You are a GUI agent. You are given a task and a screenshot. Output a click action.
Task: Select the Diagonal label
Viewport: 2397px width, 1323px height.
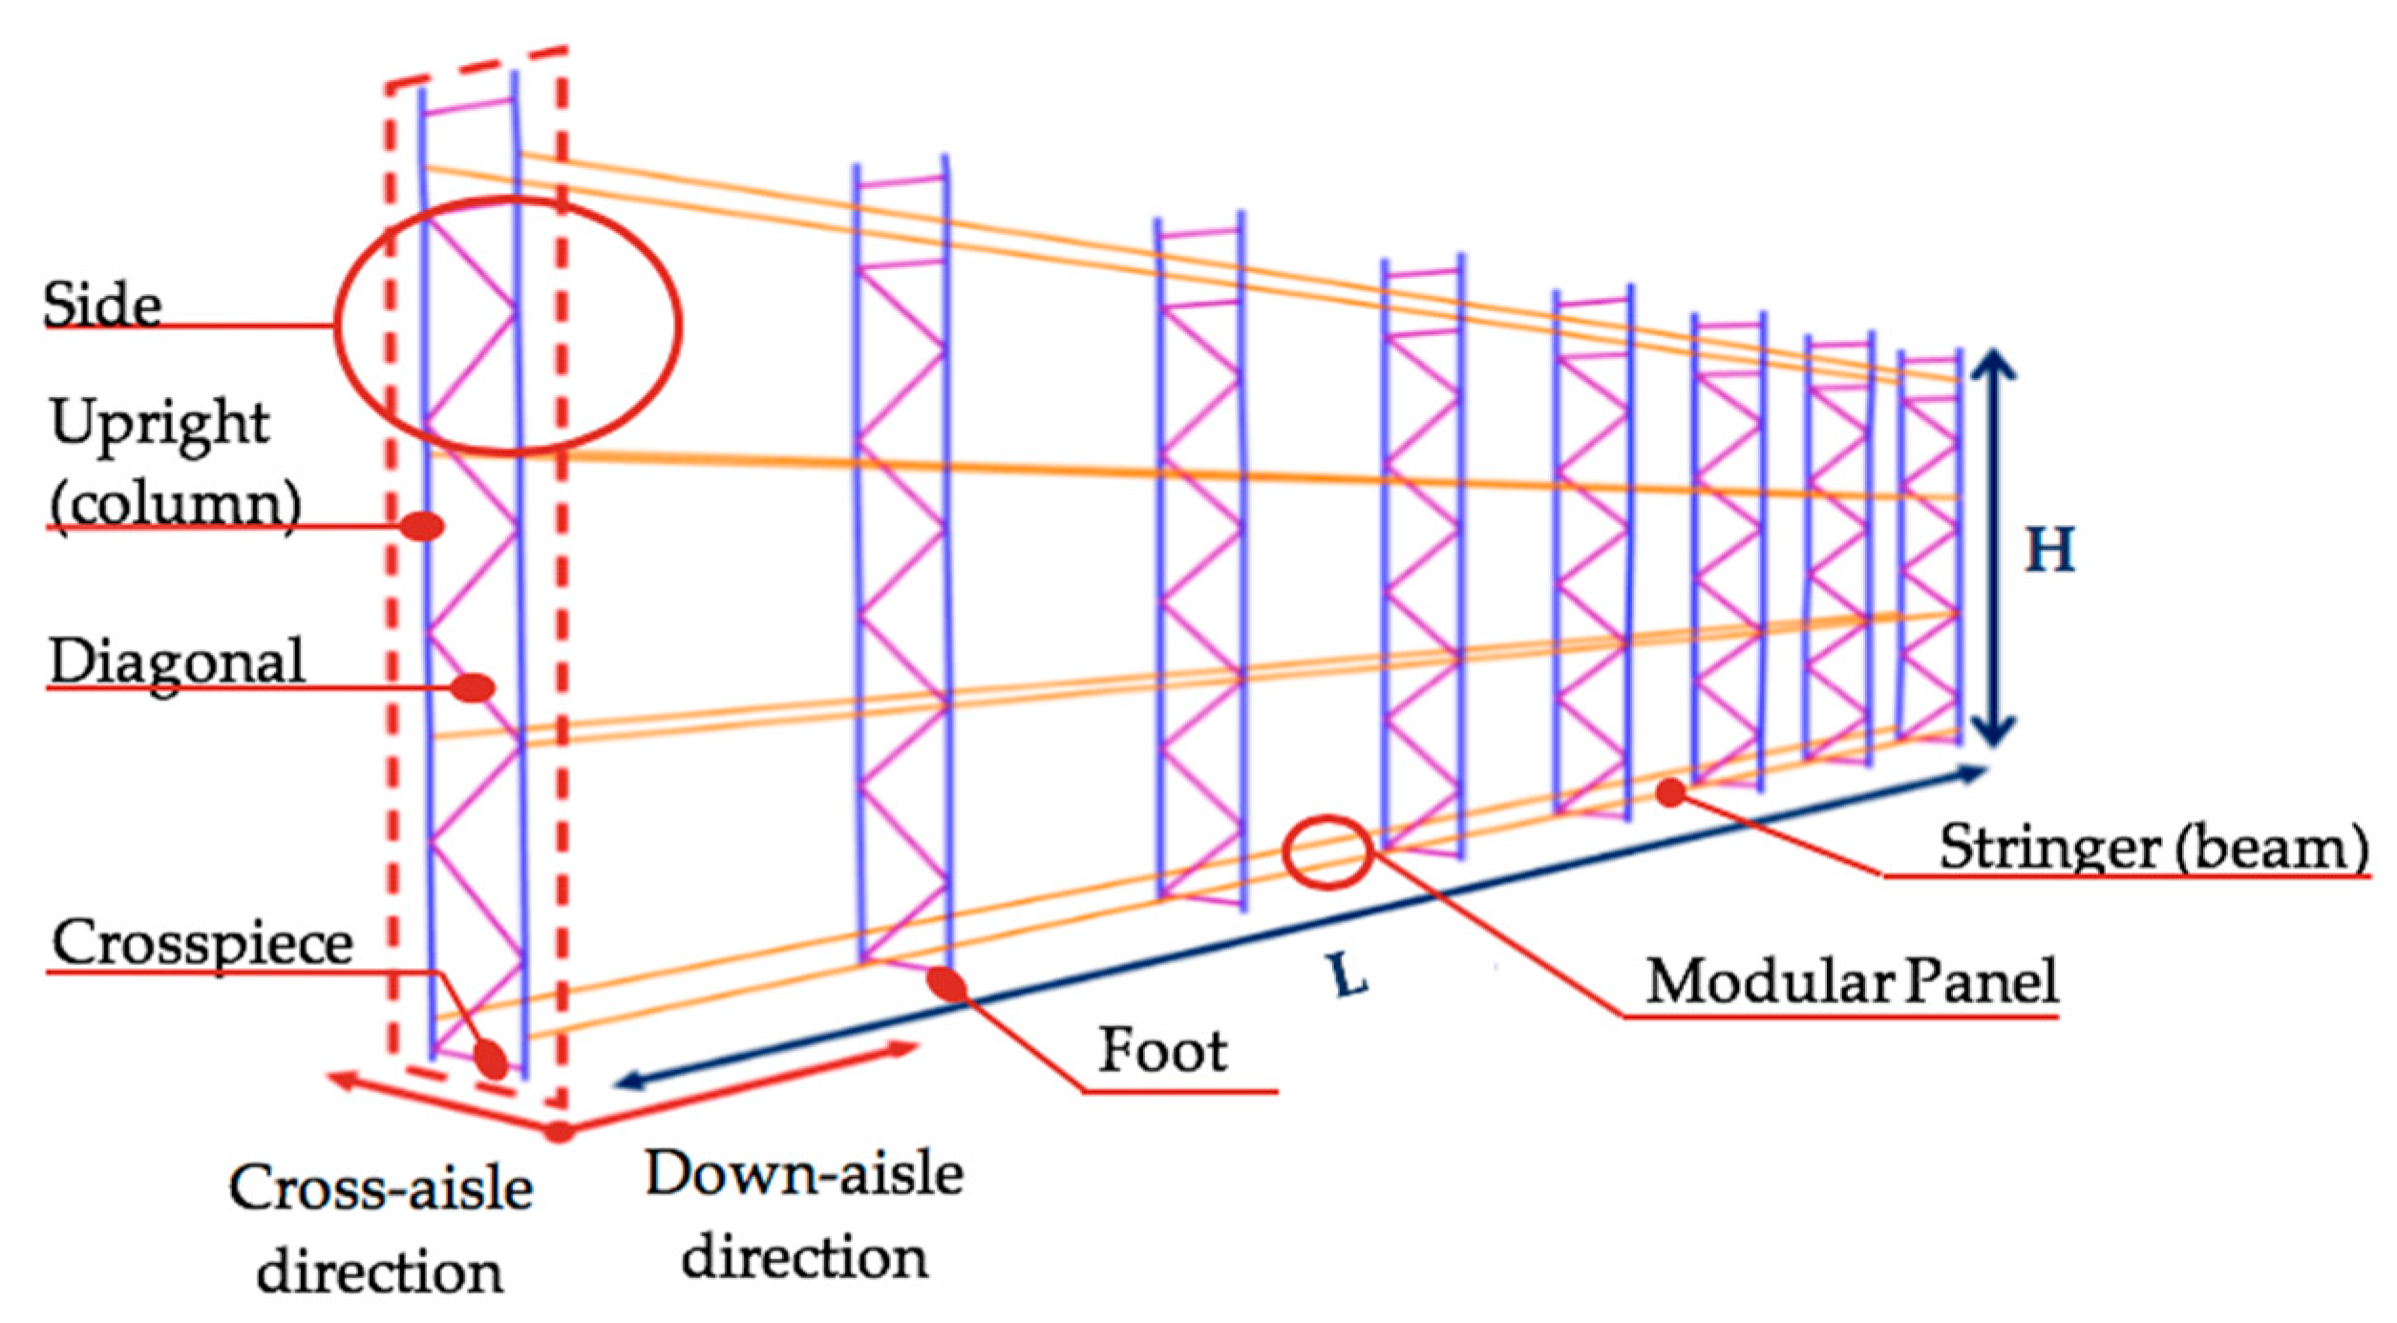pyautogui.click(x=177, y=661)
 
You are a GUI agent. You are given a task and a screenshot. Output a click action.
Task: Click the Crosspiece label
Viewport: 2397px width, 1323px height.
pyautogui.click(x=202, y=943)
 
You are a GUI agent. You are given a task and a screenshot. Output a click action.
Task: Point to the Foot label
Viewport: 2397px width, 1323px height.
pyautogui.click(x=1162, y=1051)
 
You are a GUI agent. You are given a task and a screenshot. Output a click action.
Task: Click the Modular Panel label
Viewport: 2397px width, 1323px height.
pyautogui.click(x=1851, y=980)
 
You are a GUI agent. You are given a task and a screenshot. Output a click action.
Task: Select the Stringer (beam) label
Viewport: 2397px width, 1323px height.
pyautogui.click(x=2153, y=847)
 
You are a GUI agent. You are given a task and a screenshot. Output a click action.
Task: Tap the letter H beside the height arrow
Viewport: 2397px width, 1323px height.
pyautogui.click(x=2049, y=550)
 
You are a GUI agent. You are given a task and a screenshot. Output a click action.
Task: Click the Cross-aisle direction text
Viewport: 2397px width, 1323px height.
pyautogui.click(x=380, y=1230)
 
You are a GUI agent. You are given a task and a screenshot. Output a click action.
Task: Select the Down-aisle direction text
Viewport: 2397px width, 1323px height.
pyautogui.click(x=804, y=1215)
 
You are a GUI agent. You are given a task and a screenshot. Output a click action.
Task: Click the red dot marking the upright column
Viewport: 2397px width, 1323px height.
pyautogui.click(x=421, y=526)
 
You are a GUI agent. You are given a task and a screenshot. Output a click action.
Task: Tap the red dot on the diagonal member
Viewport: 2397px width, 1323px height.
pyautogui.click(x=472, y=687)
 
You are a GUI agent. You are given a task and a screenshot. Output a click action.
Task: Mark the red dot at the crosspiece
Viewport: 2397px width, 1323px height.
pyautogui.click(x=491, y=1059)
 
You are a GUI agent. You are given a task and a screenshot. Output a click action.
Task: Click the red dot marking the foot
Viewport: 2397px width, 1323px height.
pyautogui.click(x=948, y=984)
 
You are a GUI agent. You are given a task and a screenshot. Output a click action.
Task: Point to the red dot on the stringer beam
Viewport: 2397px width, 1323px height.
pyautogui.click(x=1670, y=791)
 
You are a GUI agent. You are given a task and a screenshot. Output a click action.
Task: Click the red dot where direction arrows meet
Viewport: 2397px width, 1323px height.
pyautogui.click(x=559, y=1132)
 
